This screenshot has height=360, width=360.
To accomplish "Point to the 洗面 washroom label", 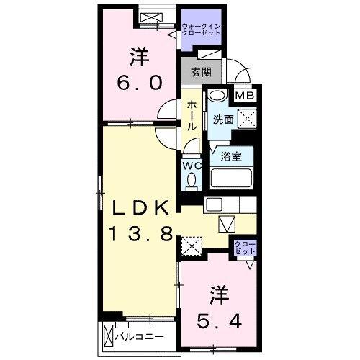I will pos(221,120).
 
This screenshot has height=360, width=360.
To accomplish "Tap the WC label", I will pos(191,165).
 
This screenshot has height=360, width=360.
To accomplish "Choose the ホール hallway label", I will pos(192,116).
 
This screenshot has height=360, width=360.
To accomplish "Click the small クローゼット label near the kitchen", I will pos(243,248).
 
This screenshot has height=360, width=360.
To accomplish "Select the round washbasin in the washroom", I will pos(215,96).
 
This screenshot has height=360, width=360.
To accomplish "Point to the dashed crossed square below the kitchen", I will pos(192,247).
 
